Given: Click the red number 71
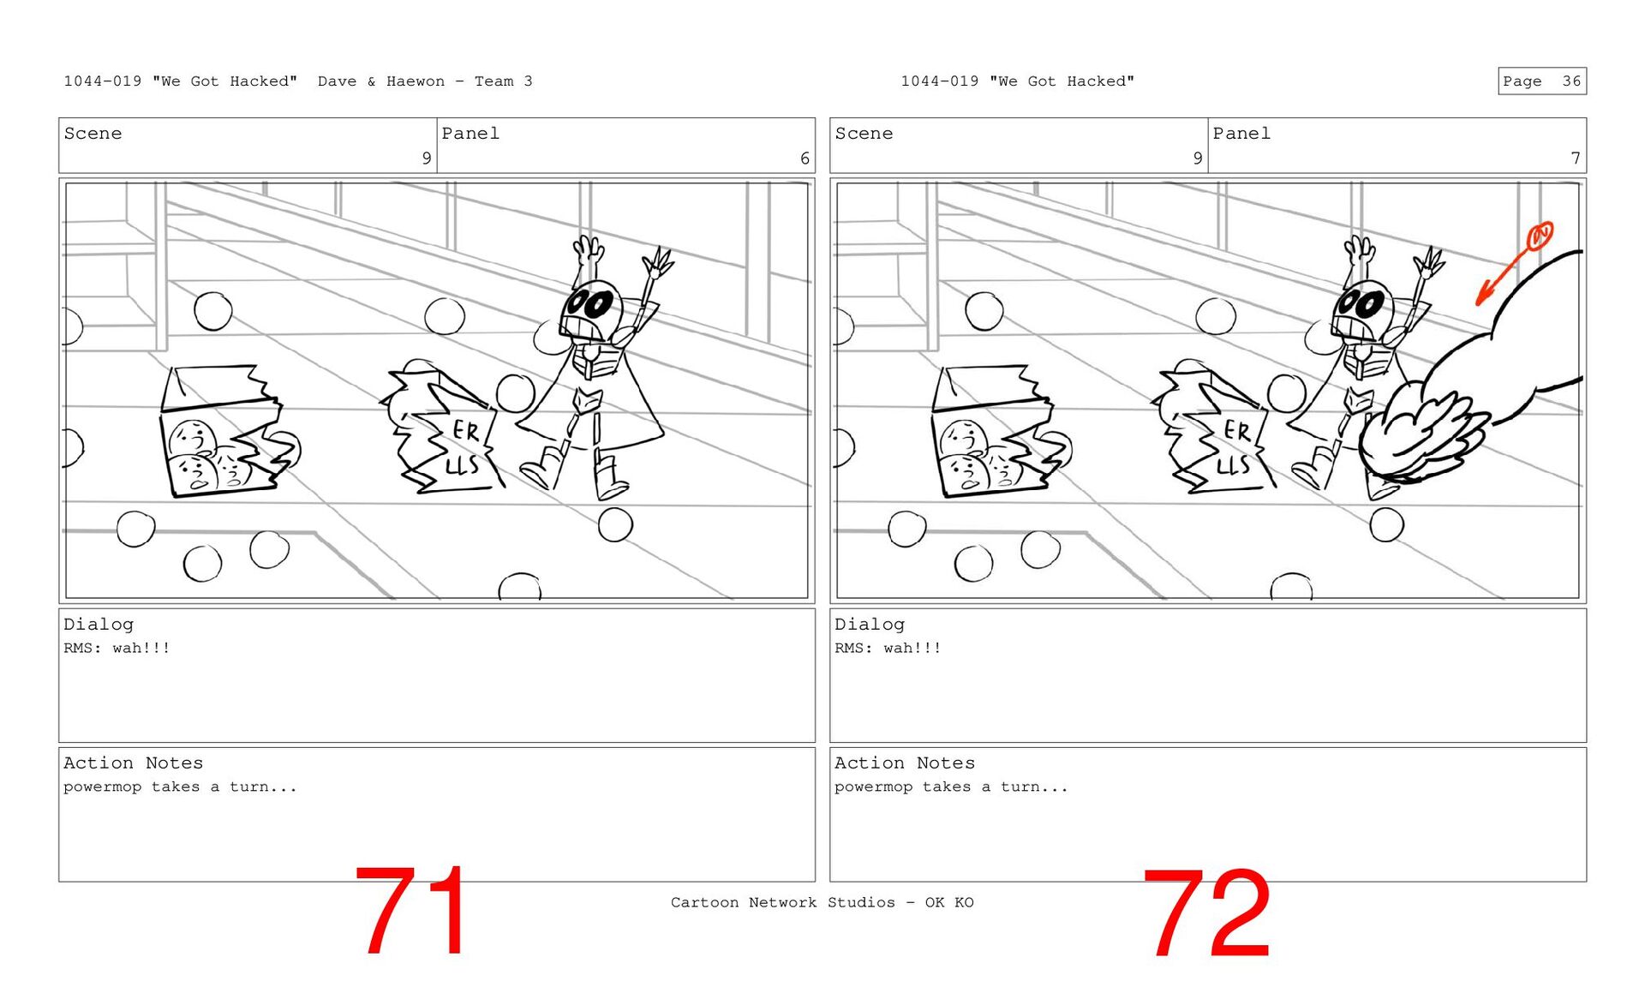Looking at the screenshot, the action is [x=411, y=911].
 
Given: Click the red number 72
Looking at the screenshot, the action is [x=1206, y=913].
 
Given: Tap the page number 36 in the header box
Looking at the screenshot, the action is [x=1571, y=81].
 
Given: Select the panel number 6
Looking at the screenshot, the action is [x=805, y=159].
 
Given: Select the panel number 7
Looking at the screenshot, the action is [x=1576, y=159].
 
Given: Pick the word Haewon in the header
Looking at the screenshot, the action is [x=416, y=81].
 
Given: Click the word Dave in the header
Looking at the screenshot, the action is [x=337, y=81].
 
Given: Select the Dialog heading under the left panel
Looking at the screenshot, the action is [x=99, y=625].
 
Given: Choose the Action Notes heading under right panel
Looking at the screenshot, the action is [x=905, y=763].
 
